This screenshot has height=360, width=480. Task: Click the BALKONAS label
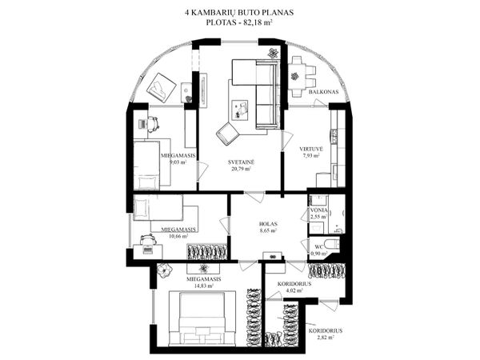pos(323,92)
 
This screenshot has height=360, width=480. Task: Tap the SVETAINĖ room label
pos(241,162)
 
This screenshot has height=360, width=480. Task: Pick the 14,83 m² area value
pos(203,286)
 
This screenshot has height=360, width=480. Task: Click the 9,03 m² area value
pos(178,162)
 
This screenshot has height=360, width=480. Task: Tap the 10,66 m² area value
pos(178,236)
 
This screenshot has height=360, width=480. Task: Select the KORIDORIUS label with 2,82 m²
pos(326,331)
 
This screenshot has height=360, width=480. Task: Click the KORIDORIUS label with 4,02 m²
pos(294,284)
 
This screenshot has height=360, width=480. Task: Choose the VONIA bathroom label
pos(319,210)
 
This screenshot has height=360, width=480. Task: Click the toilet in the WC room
pos(332,244)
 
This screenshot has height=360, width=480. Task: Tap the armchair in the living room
pos(228,133)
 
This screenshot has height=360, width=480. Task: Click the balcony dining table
pos(296,77)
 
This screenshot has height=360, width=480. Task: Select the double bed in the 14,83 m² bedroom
pos(202,318)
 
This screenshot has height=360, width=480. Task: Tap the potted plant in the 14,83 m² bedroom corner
pos(166,270)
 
